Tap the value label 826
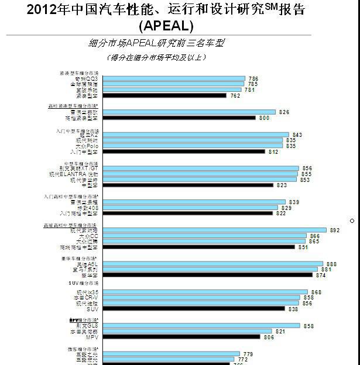(x=284, y=112)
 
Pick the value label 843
(x=297, y=135)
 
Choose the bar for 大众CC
(x=204, y=236)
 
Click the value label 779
(x=248, y=354)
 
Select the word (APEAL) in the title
(x=166, y=26)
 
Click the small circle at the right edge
(x=352, y=221)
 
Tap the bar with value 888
(x=213, y=264)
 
